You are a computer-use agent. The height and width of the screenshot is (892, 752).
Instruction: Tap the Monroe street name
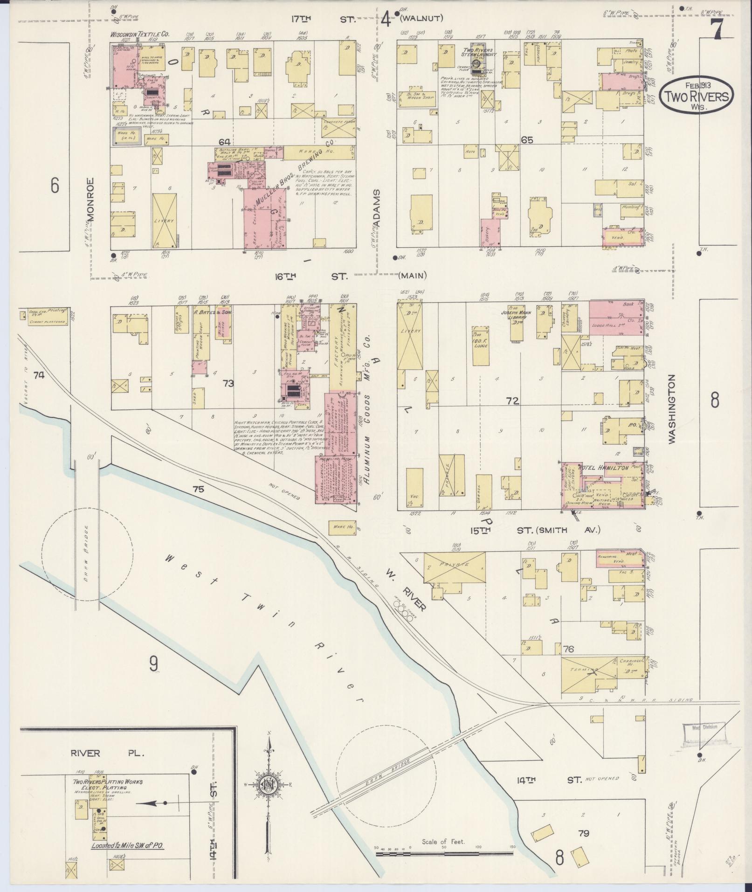click(x=90, y=199)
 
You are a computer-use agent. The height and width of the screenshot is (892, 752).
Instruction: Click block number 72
click(x=512, y=400)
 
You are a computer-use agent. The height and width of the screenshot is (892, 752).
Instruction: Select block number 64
click(x=225, y=141)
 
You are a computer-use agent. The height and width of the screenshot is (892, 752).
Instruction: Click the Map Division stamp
click(x=704, y=740)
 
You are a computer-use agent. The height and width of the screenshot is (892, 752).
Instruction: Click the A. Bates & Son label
click(x=212, y=313)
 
